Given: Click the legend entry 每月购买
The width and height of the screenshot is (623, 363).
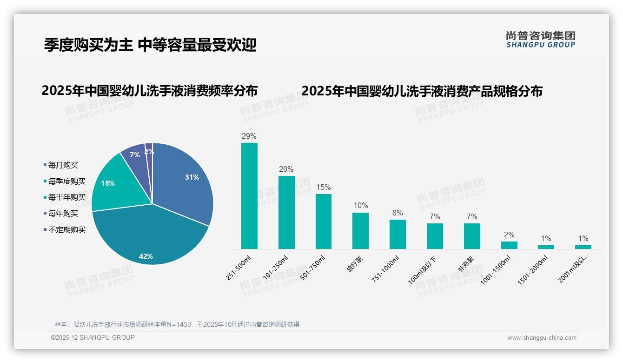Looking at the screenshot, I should tap(63, 165).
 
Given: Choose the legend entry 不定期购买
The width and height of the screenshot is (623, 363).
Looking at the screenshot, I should tap(67, 230).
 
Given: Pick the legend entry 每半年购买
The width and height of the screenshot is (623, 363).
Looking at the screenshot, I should tap(67, 197).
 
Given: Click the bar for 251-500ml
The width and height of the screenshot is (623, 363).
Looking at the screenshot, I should tap(249, 195).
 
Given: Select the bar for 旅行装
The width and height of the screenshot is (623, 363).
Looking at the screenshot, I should tap(360, 230).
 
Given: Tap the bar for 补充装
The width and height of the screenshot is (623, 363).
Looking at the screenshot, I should tap(472, 236).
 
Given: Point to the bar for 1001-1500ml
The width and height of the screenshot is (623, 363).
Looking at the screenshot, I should tap(509, 245).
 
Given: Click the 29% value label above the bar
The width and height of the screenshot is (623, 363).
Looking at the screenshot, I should tap(249, 136).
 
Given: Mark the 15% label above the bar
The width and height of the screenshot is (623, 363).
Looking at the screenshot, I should tap(324, 188).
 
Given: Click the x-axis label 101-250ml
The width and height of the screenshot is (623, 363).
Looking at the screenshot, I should tap(276, 268).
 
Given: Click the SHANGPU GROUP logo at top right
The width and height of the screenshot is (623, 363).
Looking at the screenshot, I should tap(540, 40).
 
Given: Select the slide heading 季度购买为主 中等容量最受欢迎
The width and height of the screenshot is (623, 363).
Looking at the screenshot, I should tap(150, 45).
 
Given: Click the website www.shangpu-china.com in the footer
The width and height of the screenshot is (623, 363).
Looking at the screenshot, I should tap(542, 338).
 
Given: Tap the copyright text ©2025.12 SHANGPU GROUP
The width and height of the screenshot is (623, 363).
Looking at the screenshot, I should tap(93, 337).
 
